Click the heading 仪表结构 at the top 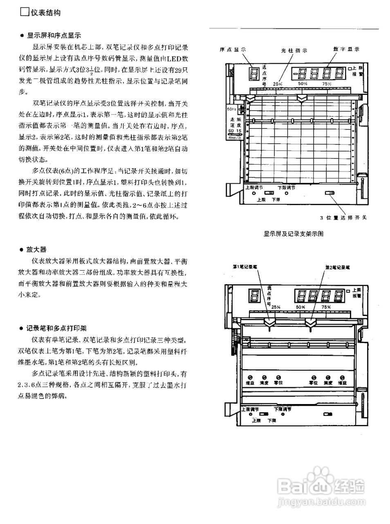click(45, 13)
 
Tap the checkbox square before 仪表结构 click(25, 12)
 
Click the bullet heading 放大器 click(36, 249)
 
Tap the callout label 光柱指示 click(294, 51)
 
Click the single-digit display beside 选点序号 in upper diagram click(254, 74)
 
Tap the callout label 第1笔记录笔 click(245, 267)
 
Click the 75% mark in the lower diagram click(326, 307)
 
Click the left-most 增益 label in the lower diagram click(249, 383)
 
